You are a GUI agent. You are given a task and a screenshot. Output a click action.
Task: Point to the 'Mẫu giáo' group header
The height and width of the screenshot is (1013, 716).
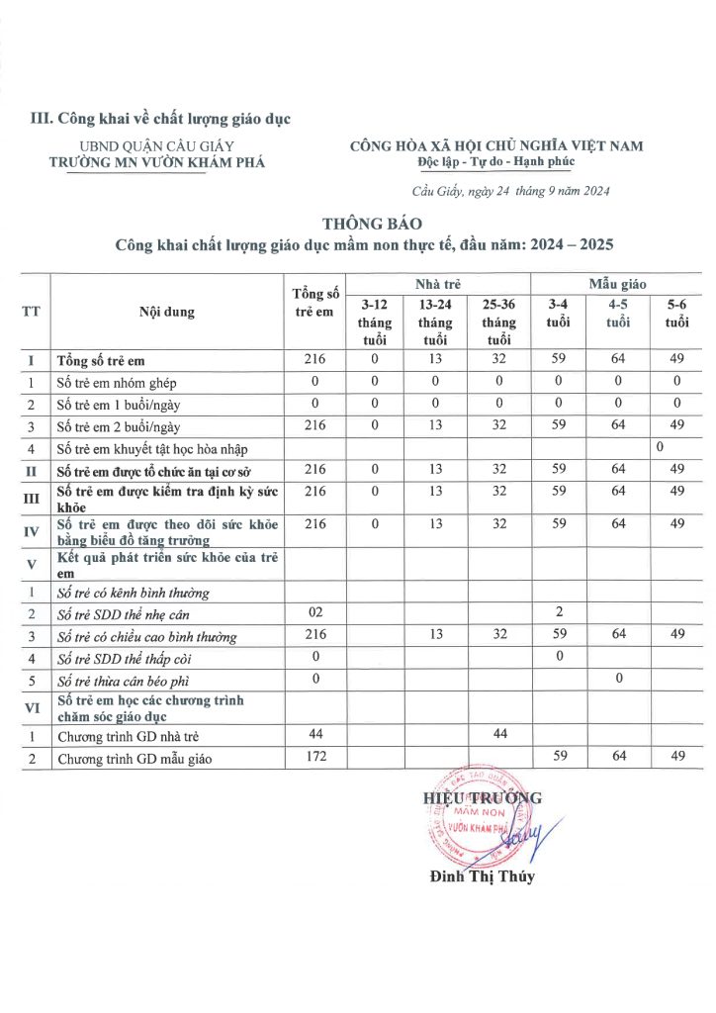coord(618,284)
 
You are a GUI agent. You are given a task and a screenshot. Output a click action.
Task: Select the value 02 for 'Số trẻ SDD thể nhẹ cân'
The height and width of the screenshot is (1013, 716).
coord(316,613)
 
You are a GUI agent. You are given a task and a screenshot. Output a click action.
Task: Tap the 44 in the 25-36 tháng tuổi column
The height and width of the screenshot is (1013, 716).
coord(498,734)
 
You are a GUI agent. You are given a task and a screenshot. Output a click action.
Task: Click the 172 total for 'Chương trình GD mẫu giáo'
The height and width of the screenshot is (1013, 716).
coord(316,758)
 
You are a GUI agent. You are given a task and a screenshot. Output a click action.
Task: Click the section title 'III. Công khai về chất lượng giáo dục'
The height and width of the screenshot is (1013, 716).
coord(161,120)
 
